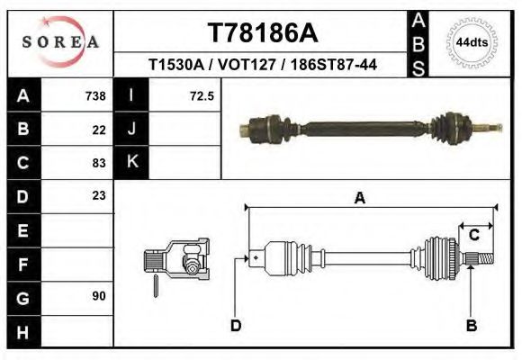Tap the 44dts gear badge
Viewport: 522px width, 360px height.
pyautogui.click(x=472, y=42)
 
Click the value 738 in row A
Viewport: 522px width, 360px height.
pyautogui.click(x=94, y=95)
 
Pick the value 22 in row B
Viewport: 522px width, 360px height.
pyautogui.click(x=99, y=129)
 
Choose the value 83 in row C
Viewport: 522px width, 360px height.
pyautogui.click(x=99, y=163)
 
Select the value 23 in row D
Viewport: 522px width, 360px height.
pyautogui.click(x=99, y=195)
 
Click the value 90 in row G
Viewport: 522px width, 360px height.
pyautogui.click(x=99, y=295)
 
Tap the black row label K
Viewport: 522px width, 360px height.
pyautogui.click(x=131, y=163)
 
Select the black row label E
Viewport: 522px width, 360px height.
pyautogui.click(x=22, y=229)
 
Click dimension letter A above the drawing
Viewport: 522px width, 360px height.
pyautogui.click(x=359, y=199)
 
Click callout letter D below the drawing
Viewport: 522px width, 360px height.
pyautogui.click(x=236, y=325)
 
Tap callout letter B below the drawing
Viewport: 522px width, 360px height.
pyautogui.click(x=471, y=325)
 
